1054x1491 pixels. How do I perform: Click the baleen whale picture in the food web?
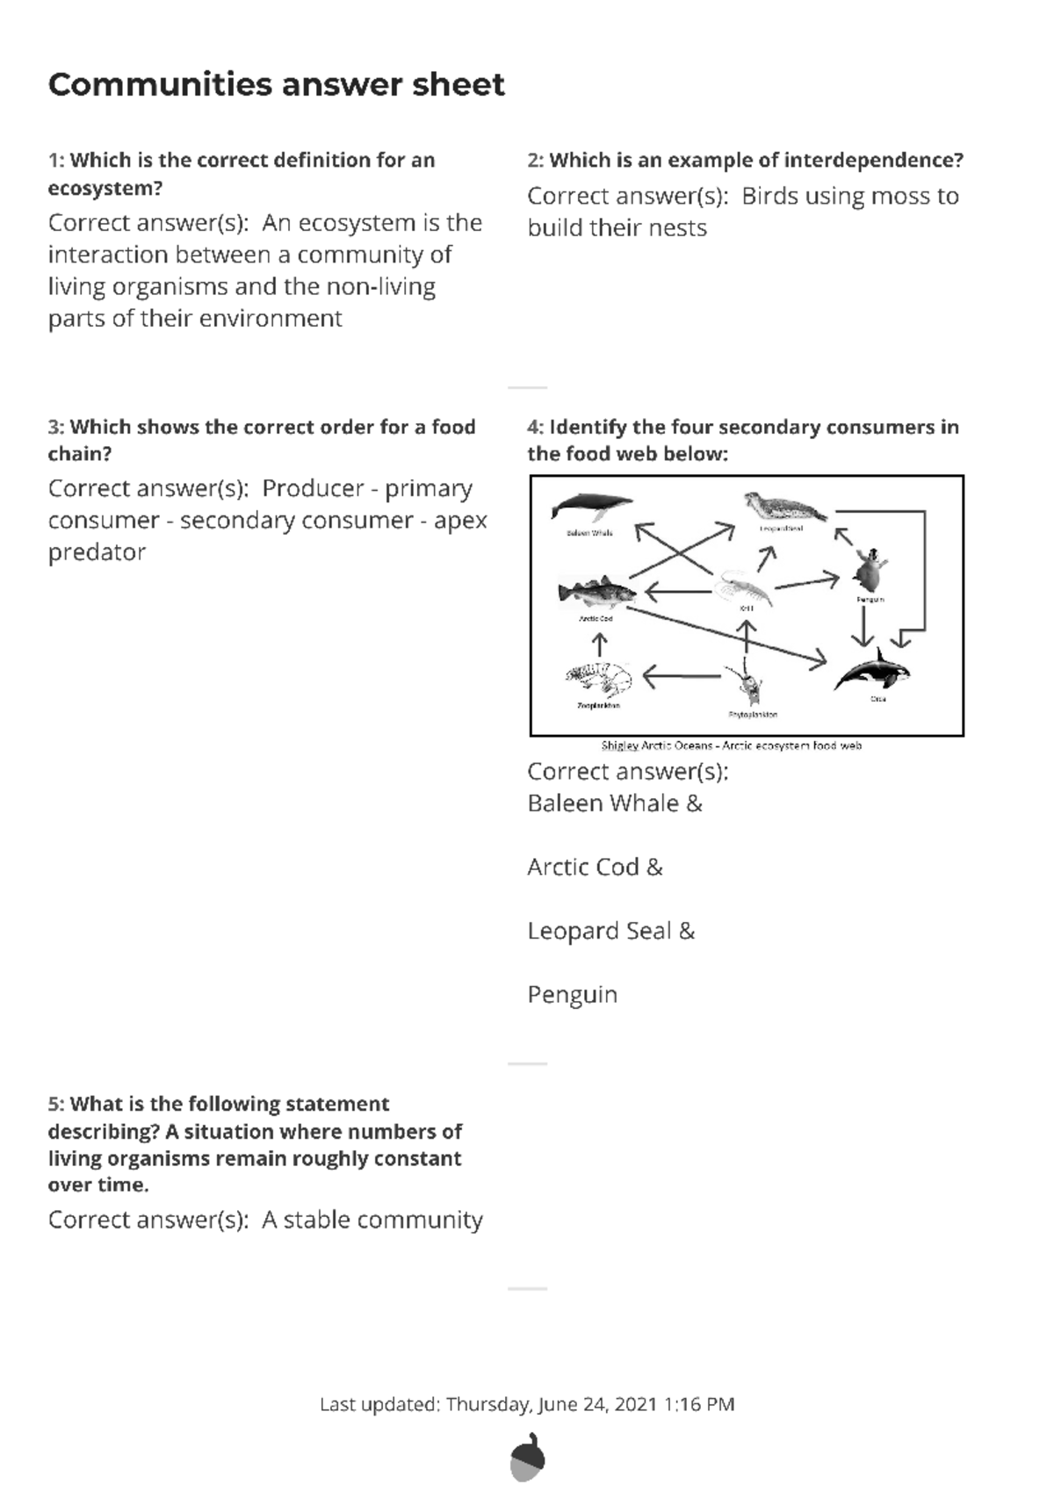point(590,508)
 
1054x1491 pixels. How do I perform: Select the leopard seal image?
point(784,508)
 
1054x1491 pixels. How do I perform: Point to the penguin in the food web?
point(870,572)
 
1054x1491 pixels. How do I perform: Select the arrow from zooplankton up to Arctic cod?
point(599,645)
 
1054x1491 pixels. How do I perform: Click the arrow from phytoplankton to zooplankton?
point(681,676)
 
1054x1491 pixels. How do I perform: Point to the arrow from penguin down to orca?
point(865,627)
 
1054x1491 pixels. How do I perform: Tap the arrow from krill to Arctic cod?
point(678,592)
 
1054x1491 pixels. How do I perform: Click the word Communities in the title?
point(160,84)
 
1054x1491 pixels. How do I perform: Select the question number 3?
point(56,427)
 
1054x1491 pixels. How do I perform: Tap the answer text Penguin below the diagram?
point(572,995)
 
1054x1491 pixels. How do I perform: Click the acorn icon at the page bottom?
point(527,1457)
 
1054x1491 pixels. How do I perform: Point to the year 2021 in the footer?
point(636,1404)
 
